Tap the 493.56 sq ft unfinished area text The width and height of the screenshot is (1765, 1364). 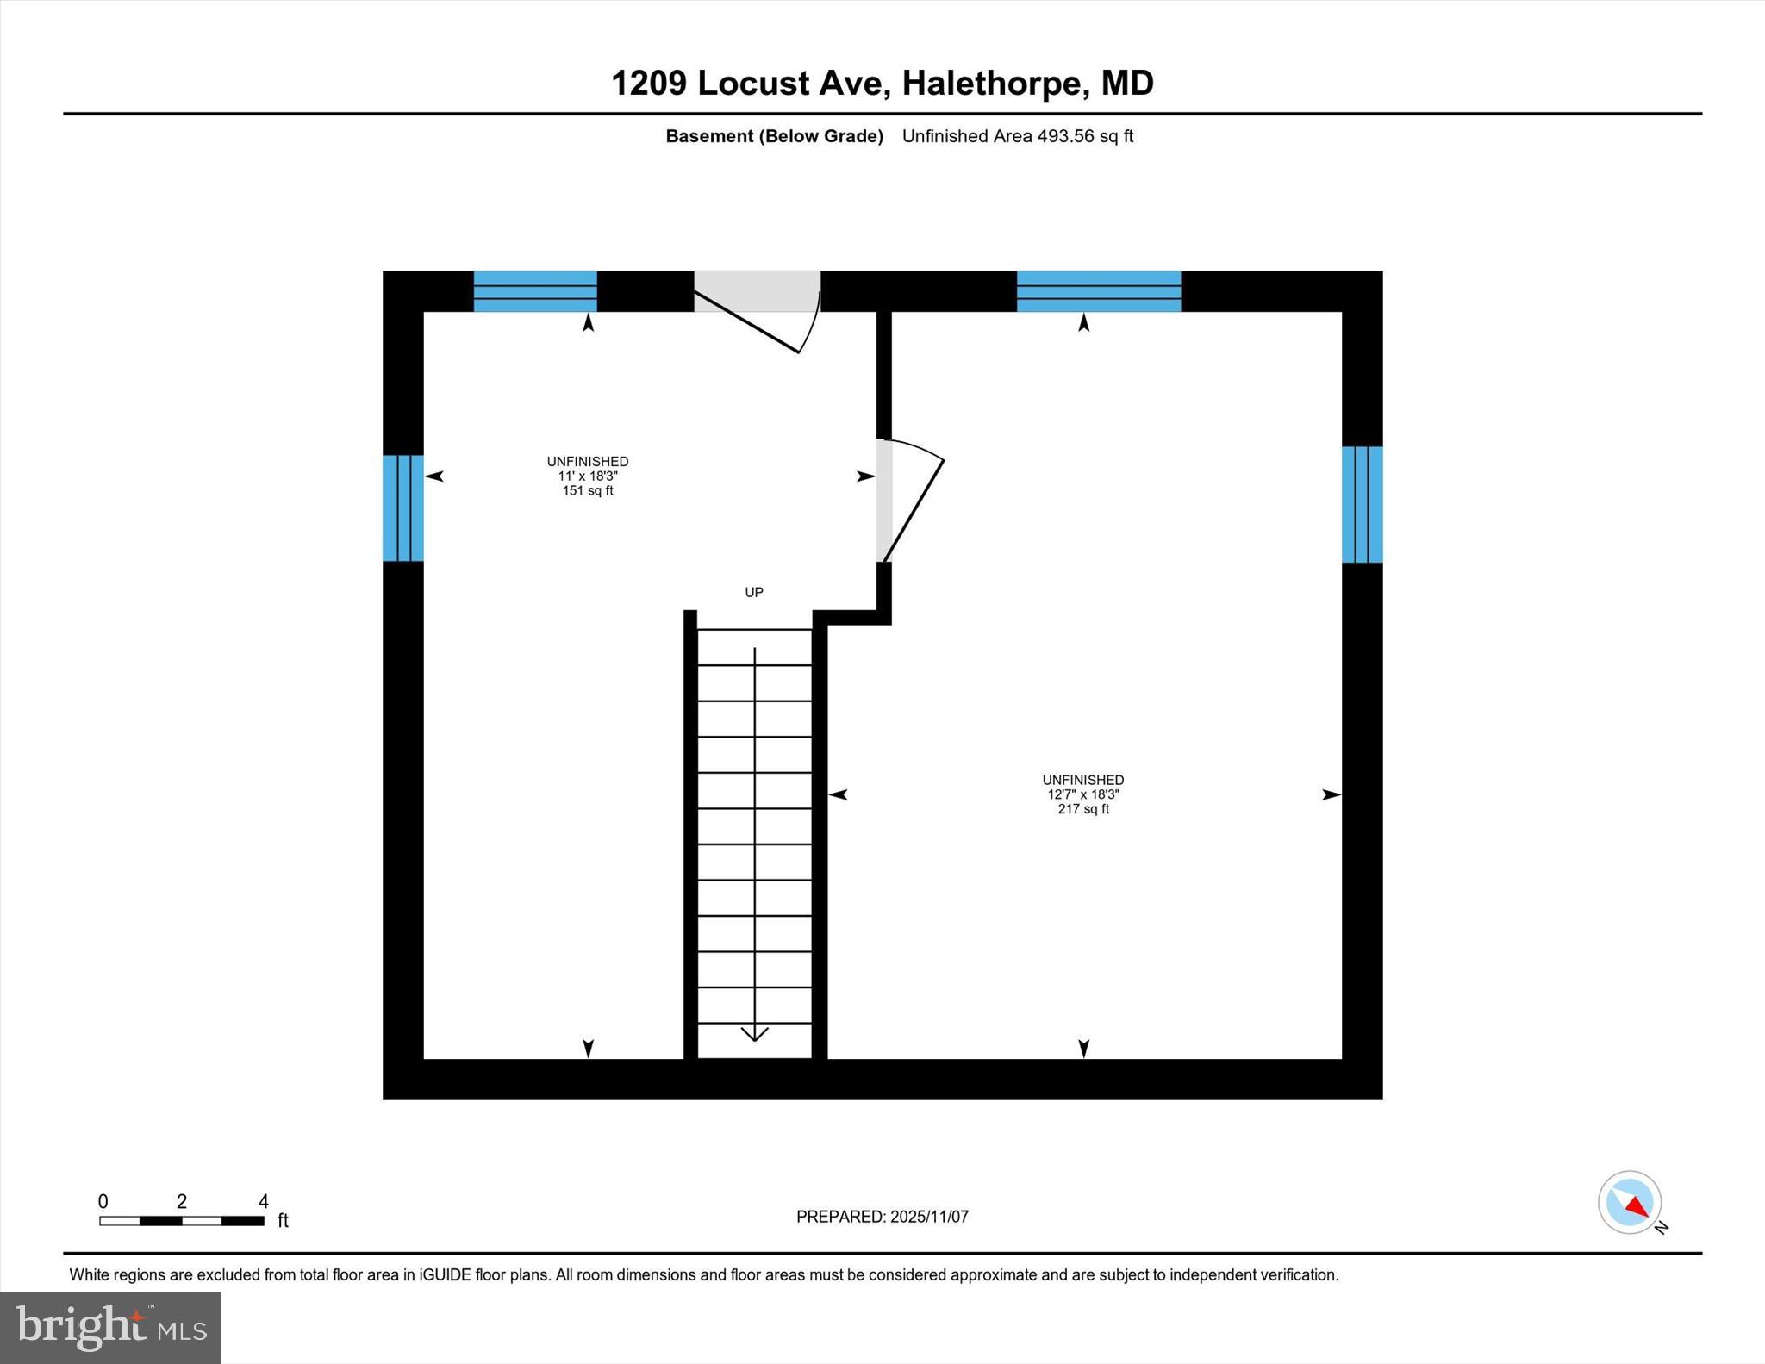[x=1017, y=136]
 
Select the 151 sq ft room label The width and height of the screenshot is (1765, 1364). [x=588, y=491]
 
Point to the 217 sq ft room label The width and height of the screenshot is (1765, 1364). [x=1083, y=809]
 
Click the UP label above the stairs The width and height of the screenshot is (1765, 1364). [x=754, y=592]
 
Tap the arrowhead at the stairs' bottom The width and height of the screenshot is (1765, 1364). [x=755, y=1033]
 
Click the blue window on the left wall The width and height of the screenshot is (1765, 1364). [x=403, y=508]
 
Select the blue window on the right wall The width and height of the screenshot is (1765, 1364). [x=1362, y=504]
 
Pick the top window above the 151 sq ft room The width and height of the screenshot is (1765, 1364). [x=535, y=291]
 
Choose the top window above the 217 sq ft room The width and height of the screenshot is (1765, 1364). [x=1099, y=291]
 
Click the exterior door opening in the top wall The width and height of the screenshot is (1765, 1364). [x=757, y=291]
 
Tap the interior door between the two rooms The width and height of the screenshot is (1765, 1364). [x=885, y=501]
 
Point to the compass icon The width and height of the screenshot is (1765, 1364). [x=1630, y=1202]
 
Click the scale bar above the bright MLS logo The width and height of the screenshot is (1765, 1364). [x=182, y=1221]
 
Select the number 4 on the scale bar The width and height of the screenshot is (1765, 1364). [x=264, y=1201]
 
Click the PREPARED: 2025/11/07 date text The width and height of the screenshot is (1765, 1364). [x=882, y=1217]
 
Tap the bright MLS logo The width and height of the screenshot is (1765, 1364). [x=110, y=1327]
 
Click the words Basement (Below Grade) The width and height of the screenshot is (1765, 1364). [x=774, y=136]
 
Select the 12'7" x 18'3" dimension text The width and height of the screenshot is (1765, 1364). [x=1083, y=794]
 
